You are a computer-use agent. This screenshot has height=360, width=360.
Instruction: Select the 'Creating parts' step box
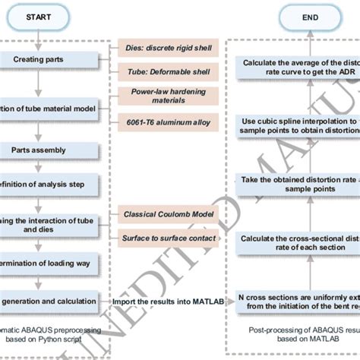(x=46, y=59)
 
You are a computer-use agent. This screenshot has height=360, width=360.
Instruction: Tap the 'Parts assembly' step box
(x=46, y=150)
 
